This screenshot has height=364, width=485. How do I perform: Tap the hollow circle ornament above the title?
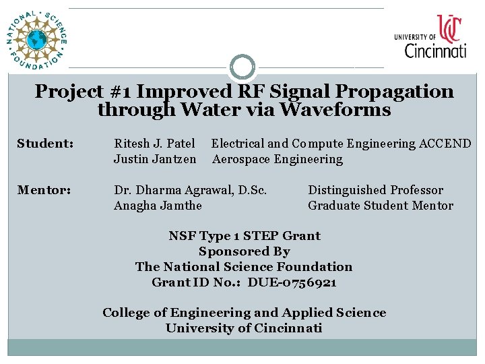coord(243,67)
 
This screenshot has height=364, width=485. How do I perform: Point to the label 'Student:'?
coord(45,144)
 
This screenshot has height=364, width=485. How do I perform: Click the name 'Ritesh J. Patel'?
coord(155,144)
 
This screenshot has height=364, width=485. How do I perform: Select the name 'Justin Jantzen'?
coord(155,160)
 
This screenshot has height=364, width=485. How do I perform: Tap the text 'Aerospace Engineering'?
coord(278,160)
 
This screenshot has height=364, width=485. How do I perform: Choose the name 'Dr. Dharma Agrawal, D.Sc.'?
coord(191,191)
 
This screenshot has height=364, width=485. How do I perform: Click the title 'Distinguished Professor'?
coord(376,191)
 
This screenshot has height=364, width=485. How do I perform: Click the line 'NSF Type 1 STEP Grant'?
coord(244,236)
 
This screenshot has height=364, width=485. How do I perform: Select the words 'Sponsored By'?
coord(244,251)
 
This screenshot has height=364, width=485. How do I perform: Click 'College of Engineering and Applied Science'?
coord(244,313)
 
